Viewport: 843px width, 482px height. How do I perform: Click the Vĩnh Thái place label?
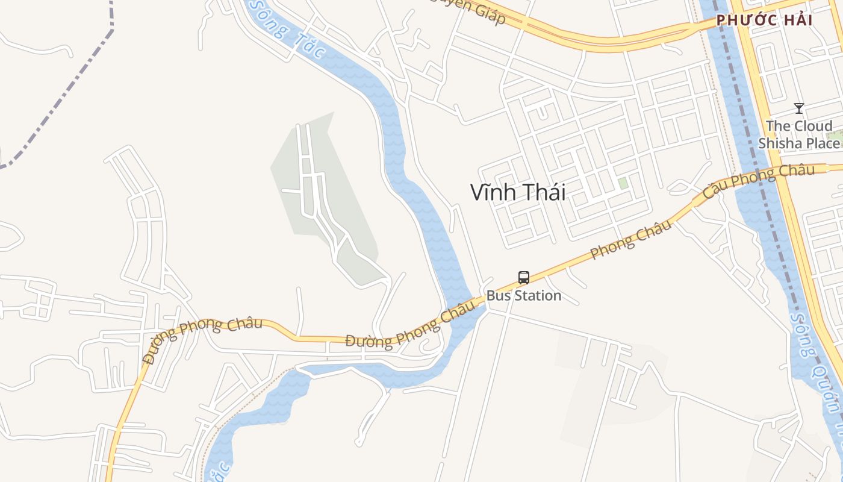point(518,192)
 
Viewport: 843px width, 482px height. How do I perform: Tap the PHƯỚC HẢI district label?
point(764,20)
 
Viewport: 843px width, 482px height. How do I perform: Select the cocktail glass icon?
point(798,108)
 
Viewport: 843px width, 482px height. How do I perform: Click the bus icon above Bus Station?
point(523,278)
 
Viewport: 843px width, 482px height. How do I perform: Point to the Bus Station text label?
point(523,296)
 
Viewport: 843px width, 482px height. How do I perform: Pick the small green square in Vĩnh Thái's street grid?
point(623,183)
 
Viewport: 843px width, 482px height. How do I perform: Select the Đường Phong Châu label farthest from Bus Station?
point(202,339)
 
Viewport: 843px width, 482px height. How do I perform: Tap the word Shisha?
point(780,143)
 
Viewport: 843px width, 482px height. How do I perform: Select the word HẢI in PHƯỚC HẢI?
point(790,20)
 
